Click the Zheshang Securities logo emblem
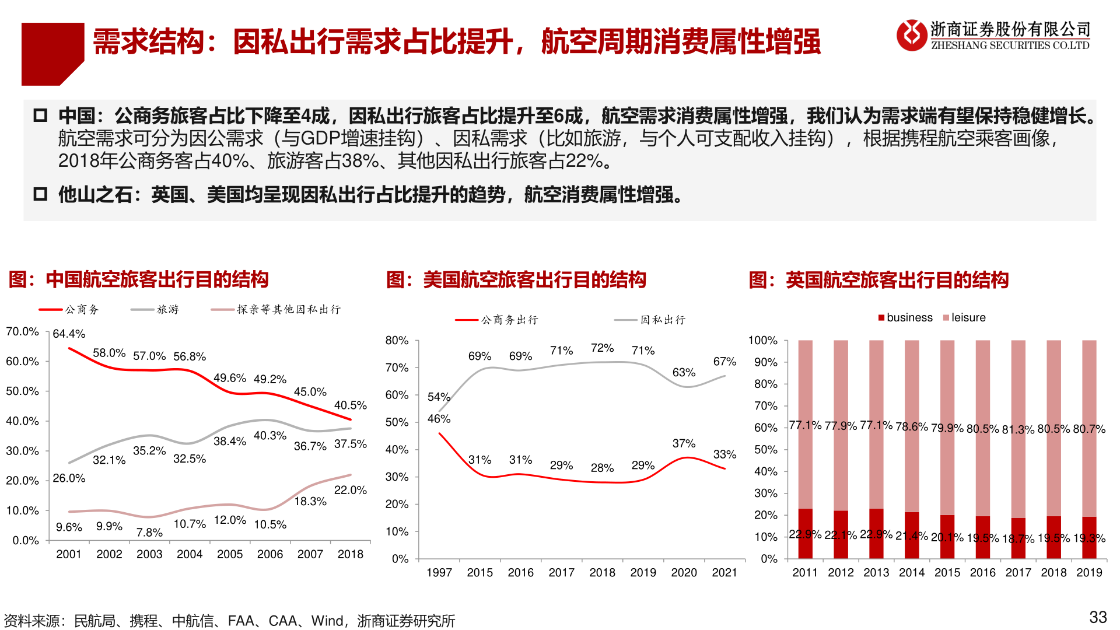click(911, 35)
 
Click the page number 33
click(1098, 617)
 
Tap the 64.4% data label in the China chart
click(69, 334)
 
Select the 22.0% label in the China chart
click(350, 490)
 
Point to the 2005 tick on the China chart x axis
click(230, 554)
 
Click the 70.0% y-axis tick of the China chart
click(22, 331)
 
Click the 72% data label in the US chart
click(602, 348)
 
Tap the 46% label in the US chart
click(439, 419)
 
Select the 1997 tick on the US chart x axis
click(439, 573)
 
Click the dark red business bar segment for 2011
click(805, 533)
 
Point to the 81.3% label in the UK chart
click(1018, 429)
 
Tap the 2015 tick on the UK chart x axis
click(947, 573)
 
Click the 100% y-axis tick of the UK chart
click(763, 340)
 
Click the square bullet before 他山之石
click(40, 194)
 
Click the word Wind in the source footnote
click(327, 621)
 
